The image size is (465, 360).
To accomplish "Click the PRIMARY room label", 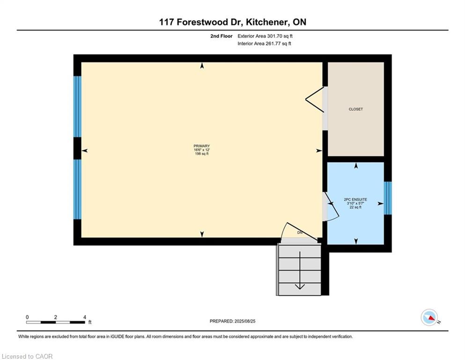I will tap(202, 146).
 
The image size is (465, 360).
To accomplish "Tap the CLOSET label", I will tap(355, 109).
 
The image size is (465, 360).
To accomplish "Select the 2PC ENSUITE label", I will tap(355, 199).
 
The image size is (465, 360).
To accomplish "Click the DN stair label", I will tap(300, 232).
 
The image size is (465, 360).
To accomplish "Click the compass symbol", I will tap(429, 318).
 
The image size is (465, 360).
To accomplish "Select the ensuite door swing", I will tap(331, 209).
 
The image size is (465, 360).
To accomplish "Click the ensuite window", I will tap(387, 198).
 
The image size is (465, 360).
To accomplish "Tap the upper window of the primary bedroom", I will tap(77, 106).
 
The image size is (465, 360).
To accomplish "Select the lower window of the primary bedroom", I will tap(77, 189).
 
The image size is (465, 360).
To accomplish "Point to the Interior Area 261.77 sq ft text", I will tap(265, 44).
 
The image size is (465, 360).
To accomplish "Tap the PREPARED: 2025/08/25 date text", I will tap(232, 321).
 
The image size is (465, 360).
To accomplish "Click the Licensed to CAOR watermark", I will tap(27, 356).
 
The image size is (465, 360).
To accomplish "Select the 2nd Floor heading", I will tap(221, 36).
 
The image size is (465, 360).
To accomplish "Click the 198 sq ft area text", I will tap(202, 154).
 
